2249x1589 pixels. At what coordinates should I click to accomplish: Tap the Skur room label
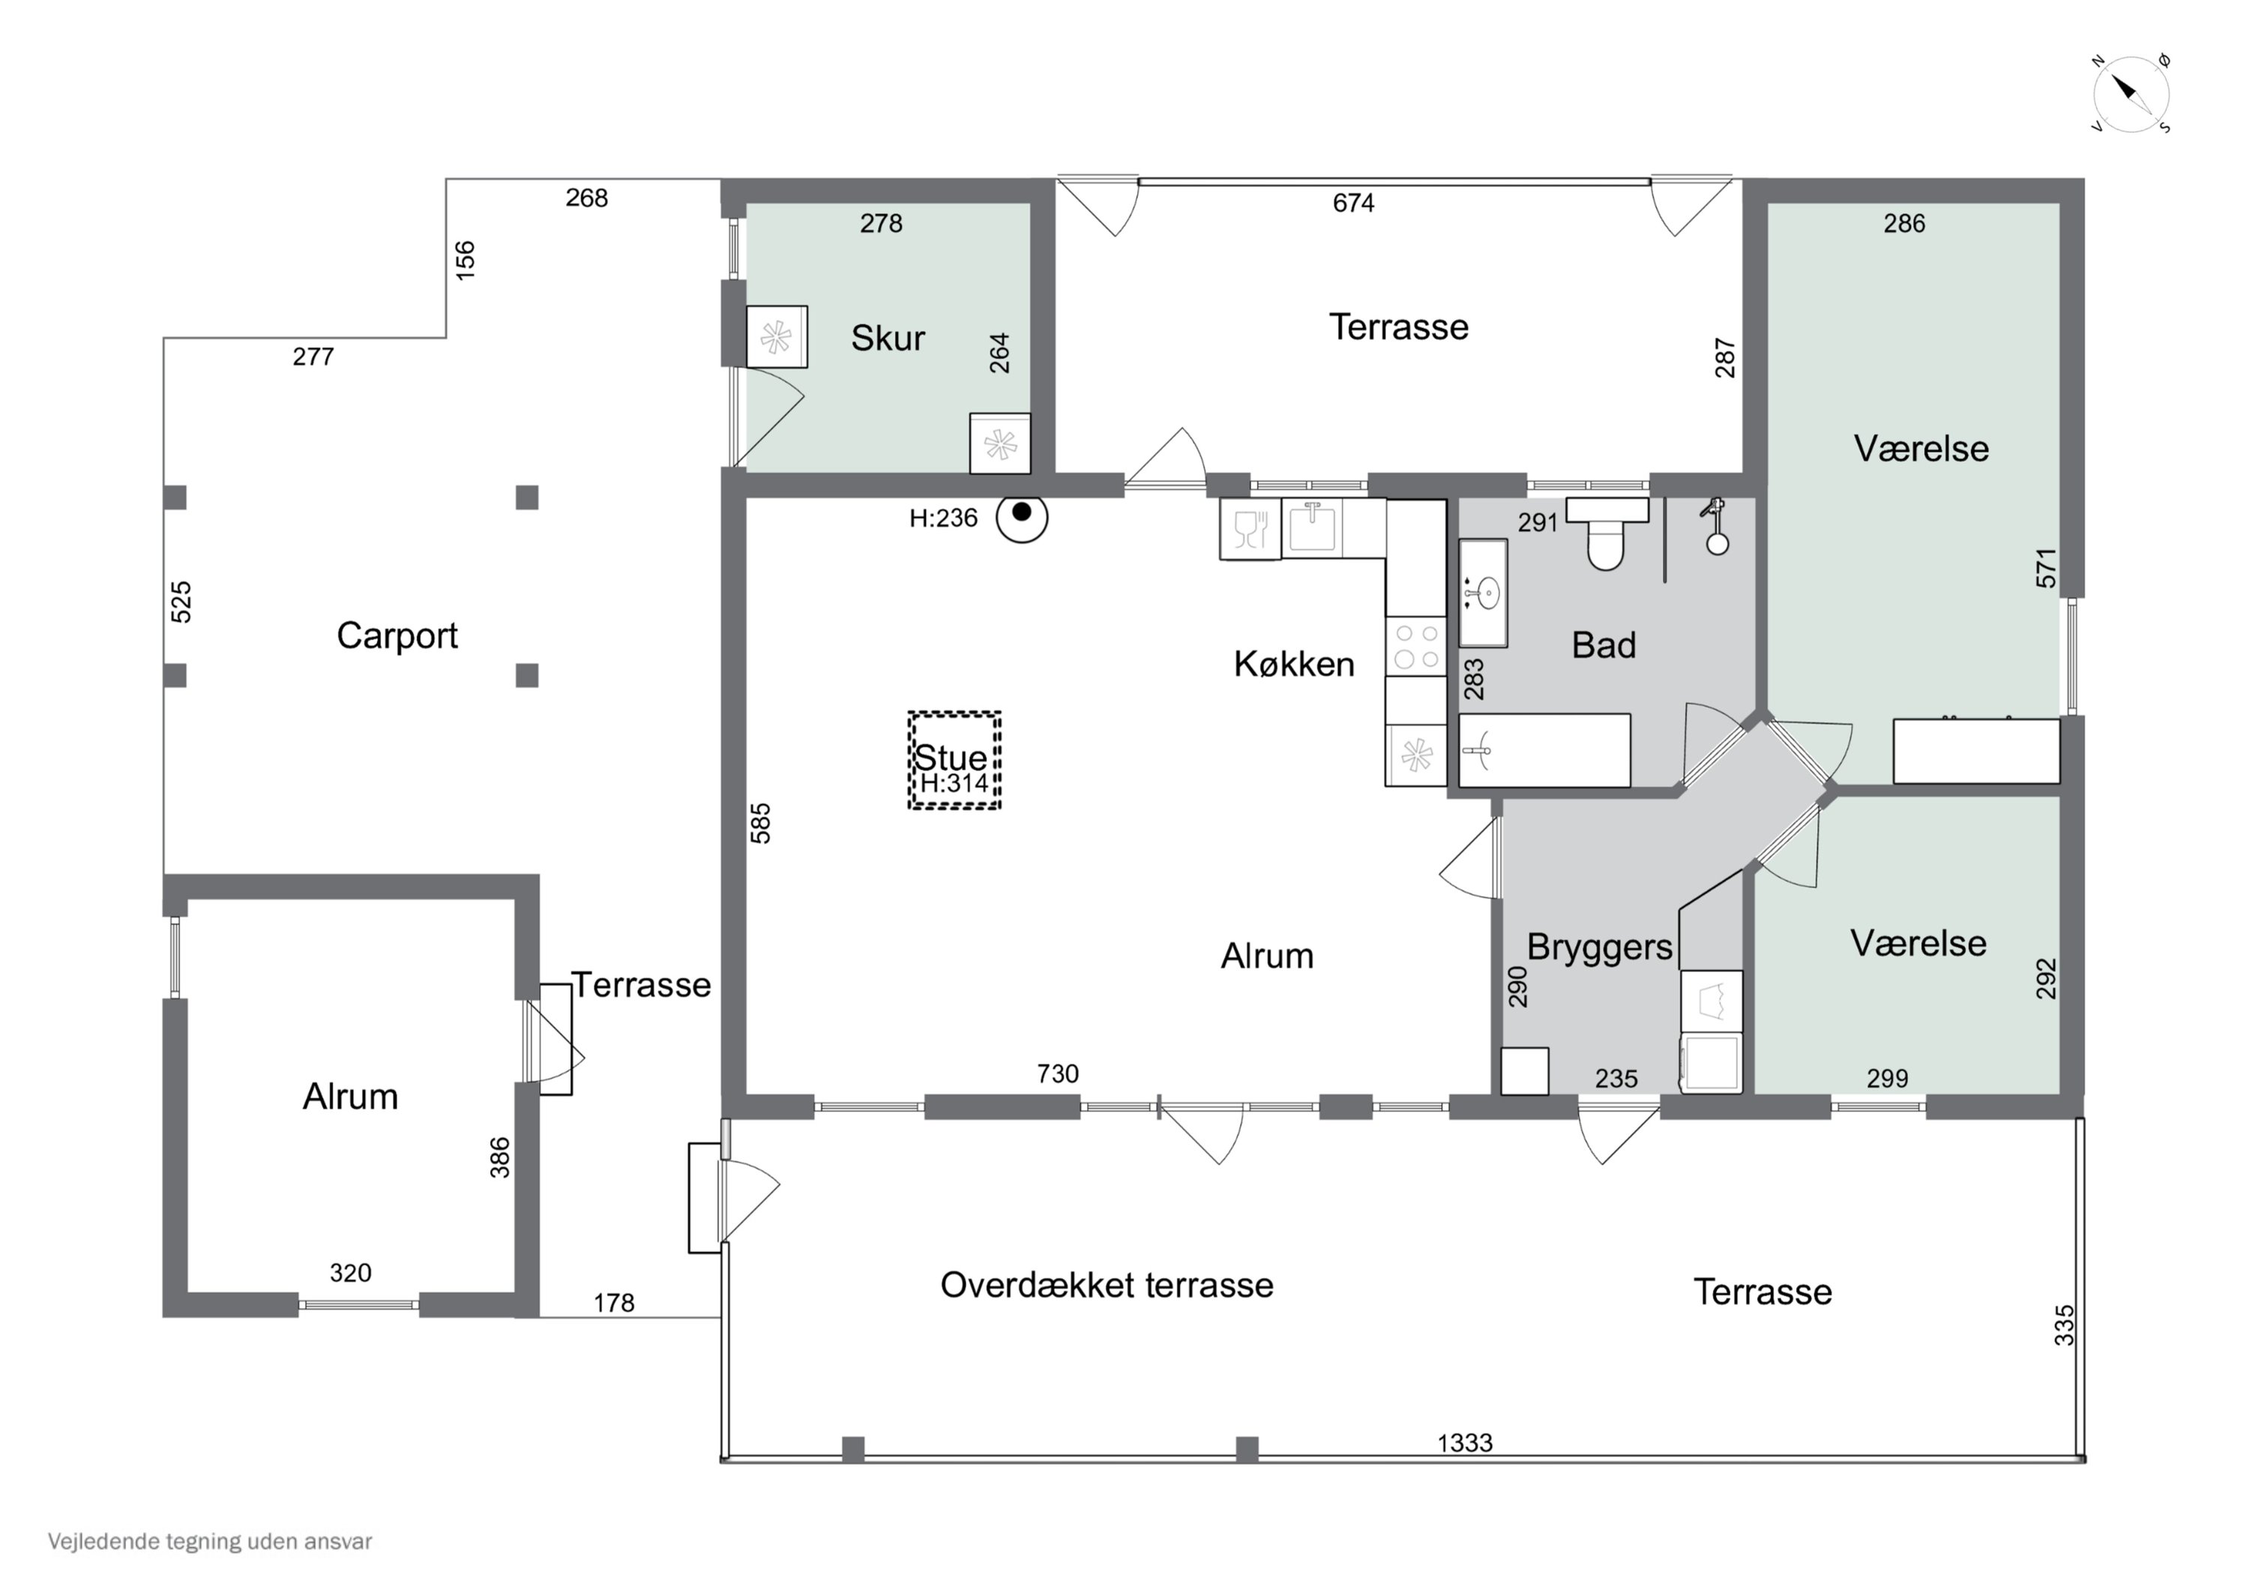tap(888, 338)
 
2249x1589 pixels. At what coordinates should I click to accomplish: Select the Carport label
tap(397, 636)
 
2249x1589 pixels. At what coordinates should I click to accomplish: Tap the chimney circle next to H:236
tap(1022, 516)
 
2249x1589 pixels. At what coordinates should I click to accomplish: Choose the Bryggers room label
tap(1600, 947)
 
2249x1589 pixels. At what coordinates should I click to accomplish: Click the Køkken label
tap(1294, 664)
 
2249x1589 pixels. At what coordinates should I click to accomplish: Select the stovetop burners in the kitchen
tap(1416, 647)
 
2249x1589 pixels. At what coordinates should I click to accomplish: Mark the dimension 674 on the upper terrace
tap(1354, 203)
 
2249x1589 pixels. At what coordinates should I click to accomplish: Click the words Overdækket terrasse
tap(1107, 1285)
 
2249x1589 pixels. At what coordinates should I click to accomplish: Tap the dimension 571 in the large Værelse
tap(2047, 568)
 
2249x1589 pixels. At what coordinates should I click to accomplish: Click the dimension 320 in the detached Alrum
tap(349, 1273)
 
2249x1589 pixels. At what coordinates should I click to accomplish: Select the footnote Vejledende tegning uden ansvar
tap(210, 1541)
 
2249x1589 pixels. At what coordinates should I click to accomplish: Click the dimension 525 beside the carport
tap(181, 602)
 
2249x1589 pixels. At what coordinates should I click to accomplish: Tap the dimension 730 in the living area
tap(1058, 1074)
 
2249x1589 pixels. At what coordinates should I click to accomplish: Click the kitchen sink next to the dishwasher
tap(1312, 527)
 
